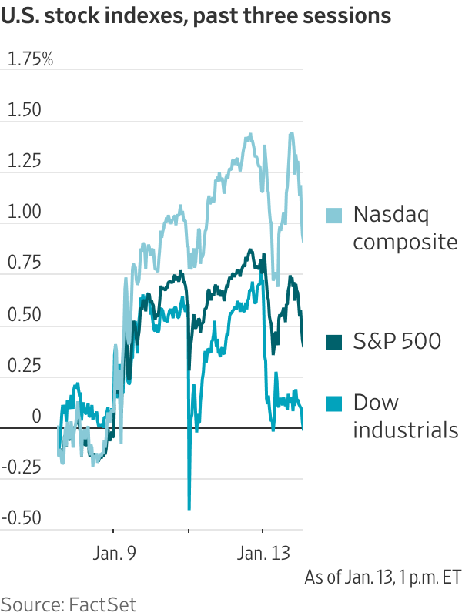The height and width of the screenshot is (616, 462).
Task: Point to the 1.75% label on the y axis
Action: tap(30, 60)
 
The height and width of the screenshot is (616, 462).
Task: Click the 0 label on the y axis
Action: tap(35, 416)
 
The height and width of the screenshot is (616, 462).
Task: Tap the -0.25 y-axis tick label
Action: tap(21, 467)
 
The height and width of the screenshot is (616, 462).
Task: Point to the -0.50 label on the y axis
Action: tap(21, 517)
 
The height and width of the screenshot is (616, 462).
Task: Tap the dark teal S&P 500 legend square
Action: tap(333, 342)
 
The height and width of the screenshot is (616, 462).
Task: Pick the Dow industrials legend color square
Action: tap(333, 403)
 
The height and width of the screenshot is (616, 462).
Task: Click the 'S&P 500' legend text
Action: tap(397, 341)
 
